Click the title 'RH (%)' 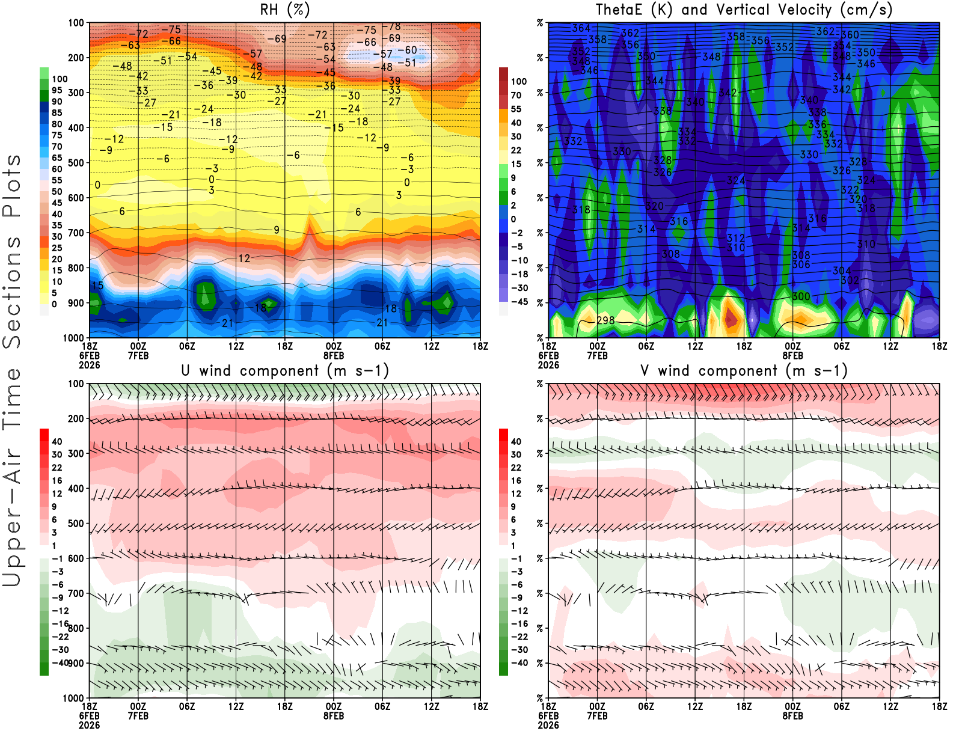(285, 10)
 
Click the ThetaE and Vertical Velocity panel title (744, 10)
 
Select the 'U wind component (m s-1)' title (285, 370)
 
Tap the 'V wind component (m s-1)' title (744, 370)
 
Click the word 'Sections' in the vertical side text (12, 292)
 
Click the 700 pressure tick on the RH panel (76, 233)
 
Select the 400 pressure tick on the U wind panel (76, 488)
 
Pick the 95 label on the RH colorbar (57, 90)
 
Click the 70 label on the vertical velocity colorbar (516, 95)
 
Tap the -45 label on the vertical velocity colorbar (518, 302)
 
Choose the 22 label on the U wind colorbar (57, 468)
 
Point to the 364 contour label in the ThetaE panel (581, 28)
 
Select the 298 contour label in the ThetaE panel (605, 320)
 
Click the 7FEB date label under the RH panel (138, 356)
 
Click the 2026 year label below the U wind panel (89, 725)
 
